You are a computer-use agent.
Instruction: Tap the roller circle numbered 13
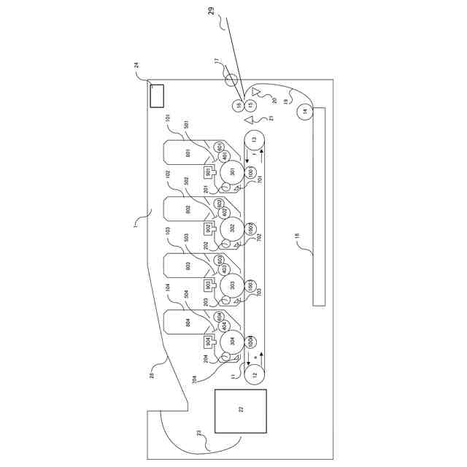click(x=255, y=139)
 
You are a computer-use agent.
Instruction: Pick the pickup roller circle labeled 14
click(x=304, y=112)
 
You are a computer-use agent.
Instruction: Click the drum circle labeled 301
click(x=231, y=171)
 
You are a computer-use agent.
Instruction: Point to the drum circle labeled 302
click(x=231, y=228)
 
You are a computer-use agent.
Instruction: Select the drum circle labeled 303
click(x=231, y=285)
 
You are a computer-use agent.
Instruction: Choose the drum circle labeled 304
click(x=231, y=341)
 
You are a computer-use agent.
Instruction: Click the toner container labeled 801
click(x=188, y=153)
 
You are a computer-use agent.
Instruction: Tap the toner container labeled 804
click(x=188, y=323)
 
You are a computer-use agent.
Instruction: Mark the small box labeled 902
click(x=208, y=228)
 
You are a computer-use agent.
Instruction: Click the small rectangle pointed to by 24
click(x=156, y=95)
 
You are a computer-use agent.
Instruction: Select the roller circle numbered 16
click(x=238, y=106)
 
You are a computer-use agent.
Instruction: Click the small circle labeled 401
click(x=225, y=156)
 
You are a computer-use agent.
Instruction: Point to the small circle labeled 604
click(x=220, y=315)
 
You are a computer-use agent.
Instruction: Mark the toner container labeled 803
click(x=188, y=266)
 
